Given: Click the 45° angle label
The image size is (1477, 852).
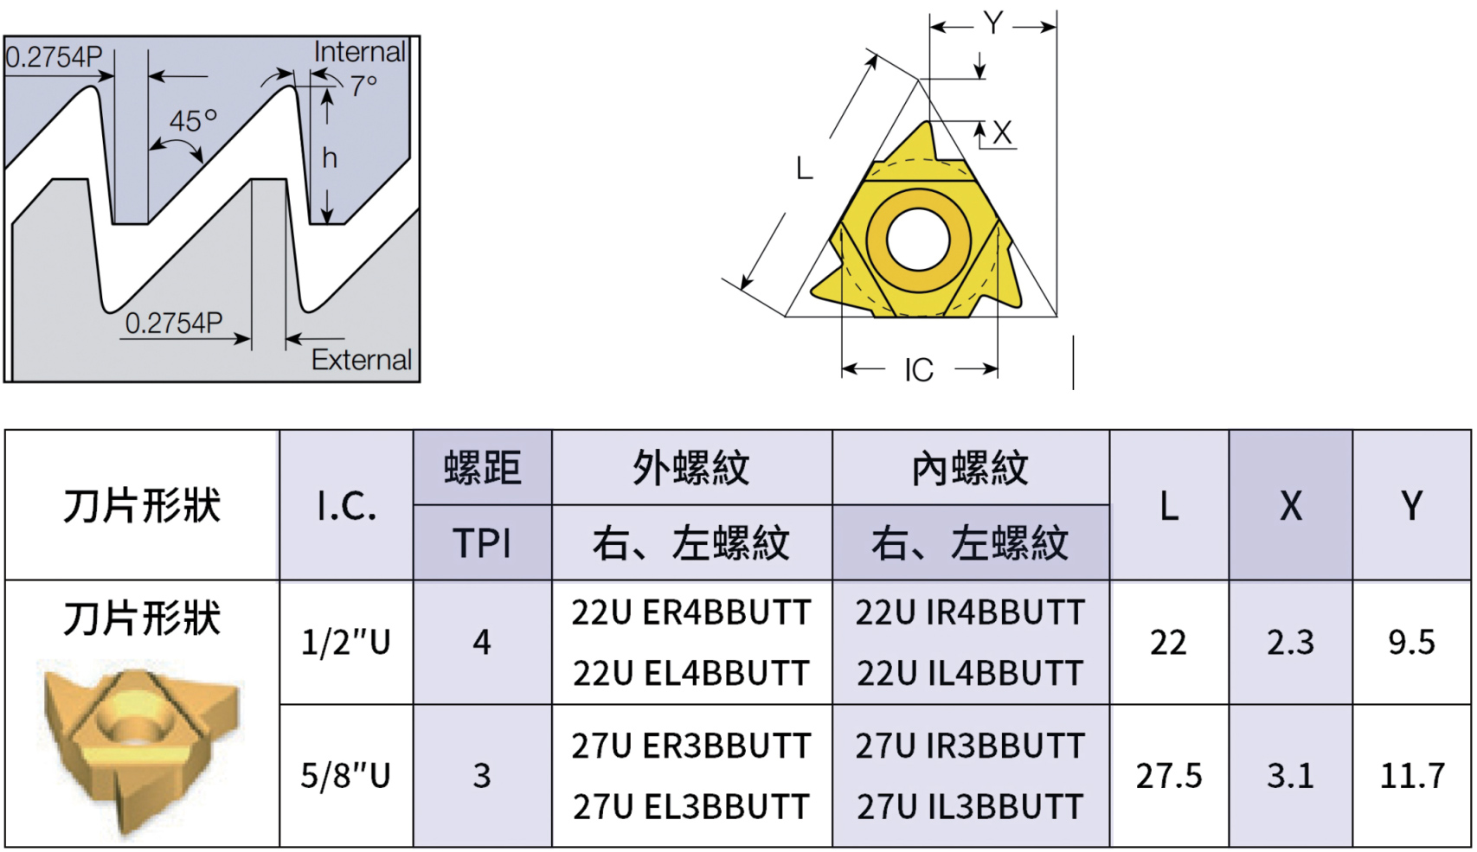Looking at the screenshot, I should click(x=192, y=121).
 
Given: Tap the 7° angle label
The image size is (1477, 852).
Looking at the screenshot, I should click(x=363, y=86).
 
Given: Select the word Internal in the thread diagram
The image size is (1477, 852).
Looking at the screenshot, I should click(x=359, y=52).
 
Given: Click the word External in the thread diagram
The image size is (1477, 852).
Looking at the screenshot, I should click(x=362, y=360).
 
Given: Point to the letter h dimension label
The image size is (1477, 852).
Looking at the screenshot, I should click(x=330, y=158).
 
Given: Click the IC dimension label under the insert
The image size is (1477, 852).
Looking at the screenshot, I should click(x=919, y=370).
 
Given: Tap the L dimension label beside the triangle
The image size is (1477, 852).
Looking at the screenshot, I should click(x=805, y=168).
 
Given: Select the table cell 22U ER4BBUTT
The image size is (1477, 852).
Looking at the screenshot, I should click(x=690, y=612).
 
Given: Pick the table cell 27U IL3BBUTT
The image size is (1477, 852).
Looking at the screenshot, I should click(x=970, y=807).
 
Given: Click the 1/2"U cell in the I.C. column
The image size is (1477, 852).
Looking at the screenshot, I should click(x=345, y=643).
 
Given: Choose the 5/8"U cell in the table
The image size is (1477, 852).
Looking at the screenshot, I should click(x=345, y=776).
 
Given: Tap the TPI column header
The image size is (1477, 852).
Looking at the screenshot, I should click(x=482, y=543).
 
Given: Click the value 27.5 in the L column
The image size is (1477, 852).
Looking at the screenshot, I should click(x=1168, y=776).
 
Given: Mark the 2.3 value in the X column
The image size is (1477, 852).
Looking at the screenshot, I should click(x=1290, y=643).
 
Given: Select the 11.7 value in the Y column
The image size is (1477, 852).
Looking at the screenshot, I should click(x=1412, y=776).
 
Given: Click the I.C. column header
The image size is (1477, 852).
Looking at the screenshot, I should click(x=346, y=506).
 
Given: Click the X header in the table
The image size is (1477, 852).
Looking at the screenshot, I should click(x=1290, y=506).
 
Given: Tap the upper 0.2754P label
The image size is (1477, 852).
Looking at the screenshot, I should click(x=54, y=57).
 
